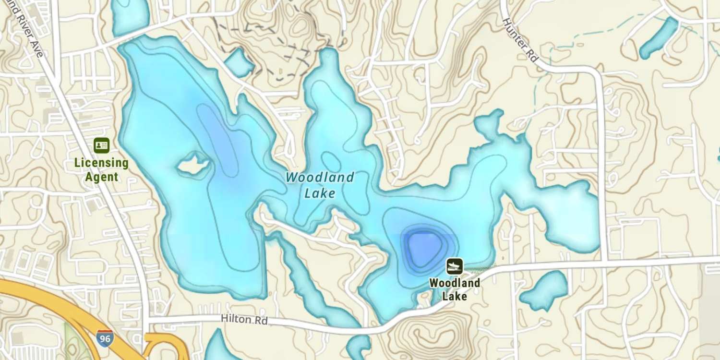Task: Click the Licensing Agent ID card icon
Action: coord(101,145)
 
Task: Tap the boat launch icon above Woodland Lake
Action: coord(454,266)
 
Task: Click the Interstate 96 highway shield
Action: coord(105,338)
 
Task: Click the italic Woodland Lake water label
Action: coord(320,185)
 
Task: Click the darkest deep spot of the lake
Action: coord(422,246)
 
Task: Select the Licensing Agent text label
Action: coord(101,170)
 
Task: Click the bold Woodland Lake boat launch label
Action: coord(454,289)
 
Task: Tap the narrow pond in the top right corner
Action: coord(659,38)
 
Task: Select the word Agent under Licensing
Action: coord(101,177)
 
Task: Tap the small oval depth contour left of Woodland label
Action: coord(331,162)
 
